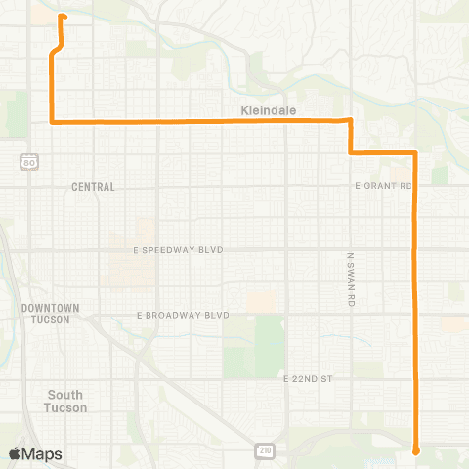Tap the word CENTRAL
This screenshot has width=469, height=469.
[94, 186]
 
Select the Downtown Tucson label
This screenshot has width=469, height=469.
[50, 314]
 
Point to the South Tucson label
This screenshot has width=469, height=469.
[66, 401]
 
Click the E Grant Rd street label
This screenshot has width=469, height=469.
[383, 185]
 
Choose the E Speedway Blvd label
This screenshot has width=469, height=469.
[179, 250]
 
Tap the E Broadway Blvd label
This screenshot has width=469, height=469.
[183, 315]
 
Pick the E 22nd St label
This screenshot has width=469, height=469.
[309, 377]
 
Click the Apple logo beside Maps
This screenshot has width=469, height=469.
[15, 453]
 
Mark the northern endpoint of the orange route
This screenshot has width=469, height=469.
[64, 17]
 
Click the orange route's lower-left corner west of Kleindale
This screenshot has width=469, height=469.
[51, 122]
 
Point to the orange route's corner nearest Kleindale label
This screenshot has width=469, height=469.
[350, 120]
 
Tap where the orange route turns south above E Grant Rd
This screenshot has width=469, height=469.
[416, 153]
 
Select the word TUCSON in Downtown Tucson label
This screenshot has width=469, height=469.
[50, 320]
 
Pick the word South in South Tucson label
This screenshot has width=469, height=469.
[66, 394]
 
